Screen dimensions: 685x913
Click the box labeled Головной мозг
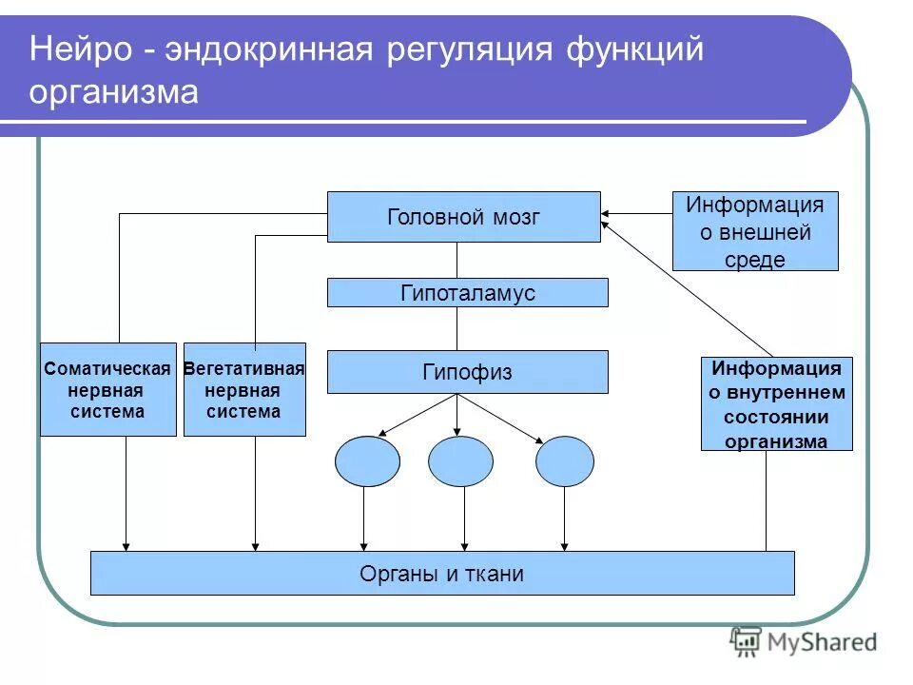pos(463,217)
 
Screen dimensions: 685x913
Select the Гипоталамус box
pos(467,293)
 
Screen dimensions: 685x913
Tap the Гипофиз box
pos(467,372)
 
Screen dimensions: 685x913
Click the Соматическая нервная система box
pos(107,390)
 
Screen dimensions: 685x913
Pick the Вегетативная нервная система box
pos(244,390)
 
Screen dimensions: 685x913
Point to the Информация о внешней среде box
pos(755,231)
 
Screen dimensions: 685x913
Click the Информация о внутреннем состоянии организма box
pos(776,403)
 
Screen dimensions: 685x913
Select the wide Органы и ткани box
pos(441,574)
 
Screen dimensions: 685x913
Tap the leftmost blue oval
pos(367,461)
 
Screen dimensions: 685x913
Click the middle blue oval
pos(460,461)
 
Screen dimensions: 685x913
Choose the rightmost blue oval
pos(564,461)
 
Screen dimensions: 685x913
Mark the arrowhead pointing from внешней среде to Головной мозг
pos(607,214)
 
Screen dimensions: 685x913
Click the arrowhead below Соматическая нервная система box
pos(126,546)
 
